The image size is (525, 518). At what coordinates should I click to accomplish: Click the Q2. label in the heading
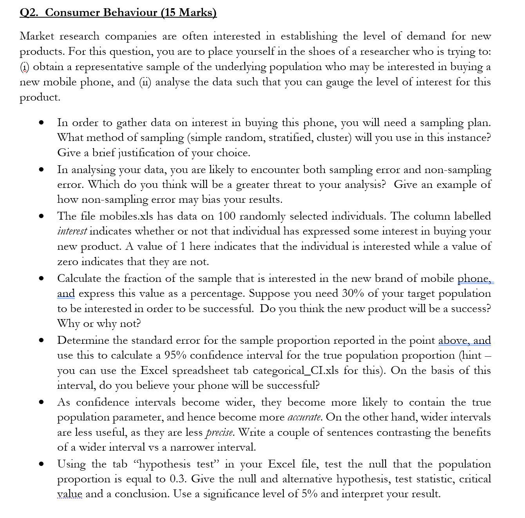click(x=29, y=13)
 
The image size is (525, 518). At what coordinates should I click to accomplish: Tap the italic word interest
click(x=72, y=231)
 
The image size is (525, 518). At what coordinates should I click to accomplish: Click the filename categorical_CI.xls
click(x=296, y=370)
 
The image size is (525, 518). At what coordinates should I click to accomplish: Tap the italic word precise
click(x=220, y=433)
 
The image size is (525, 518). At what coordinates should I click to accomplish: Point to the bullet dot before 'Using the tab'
click(x=41, y=464)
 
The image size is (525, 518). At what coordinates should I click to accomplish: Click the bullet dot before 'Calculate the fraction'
click(x=41, y=279)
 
